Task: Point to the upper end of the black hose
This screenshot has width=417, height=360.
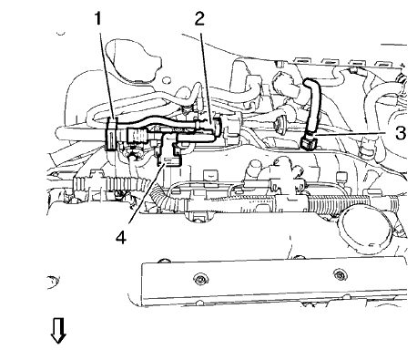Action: coord(305,84)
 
